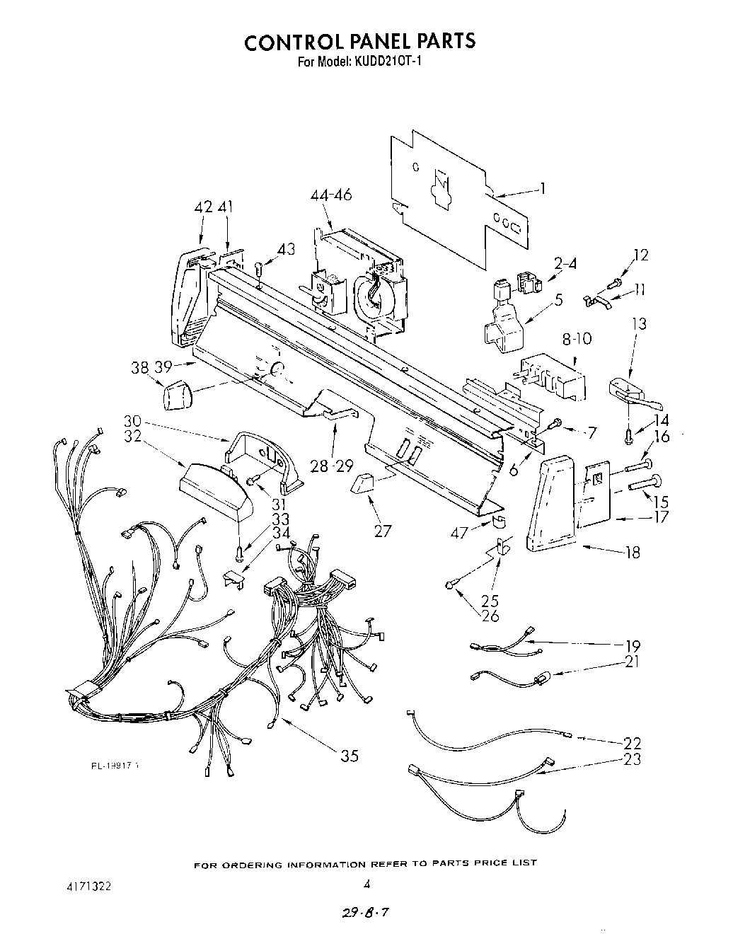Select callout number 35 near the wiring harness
coord(350,756)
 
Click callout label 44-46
coord(331,195)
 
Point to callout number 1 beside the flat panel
coord(543,188)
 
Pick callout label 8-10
coord(577,339)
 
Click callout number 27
coord(383,531)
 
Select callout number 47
coord(460,532)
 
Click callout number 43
coord(286,249)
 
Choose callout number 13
coord(639,324)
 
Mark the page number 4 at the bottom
coord(366,884)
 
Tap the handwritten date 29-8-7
coord(366,914)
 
